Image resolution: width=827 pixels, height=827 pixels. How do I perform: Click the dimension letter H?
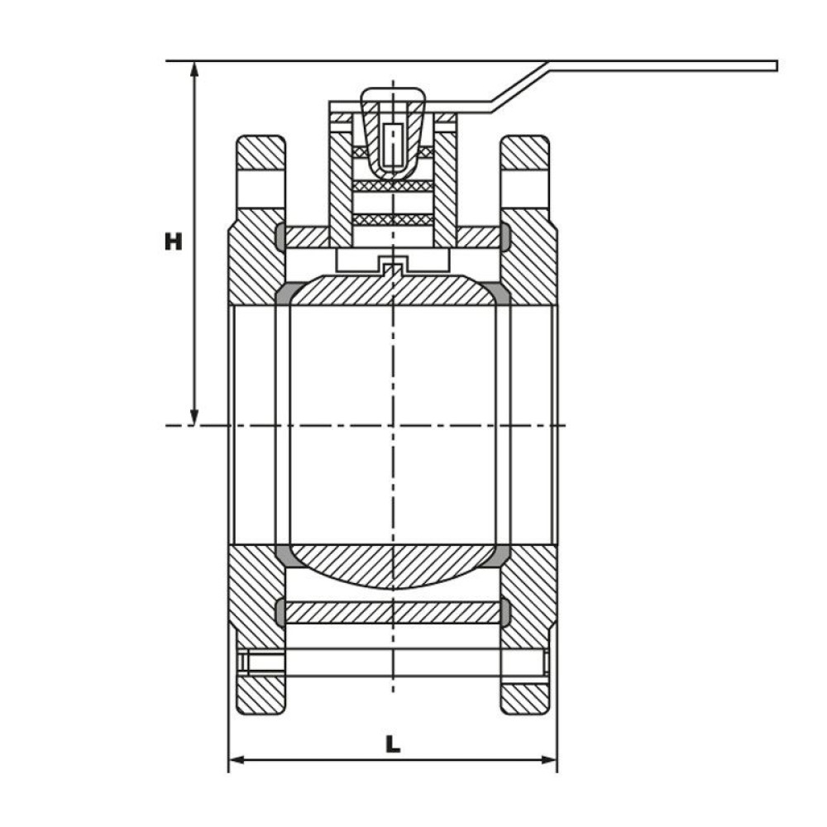coord(173,241)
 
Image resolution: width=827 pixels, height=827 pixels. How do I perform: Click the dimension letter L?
coord(393,744)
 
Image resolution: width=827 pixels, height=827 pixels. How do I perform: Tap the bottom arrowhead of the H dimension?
coord(194,417)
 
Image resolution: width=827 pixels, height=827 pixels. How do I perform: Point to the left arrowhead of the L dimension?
coord(237,760)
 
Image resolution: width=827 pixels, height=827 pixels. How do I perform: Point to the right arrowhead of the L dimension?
coord(549,760)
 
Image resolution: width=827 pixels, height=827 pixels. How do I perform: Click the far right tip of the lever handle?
coord(777,66)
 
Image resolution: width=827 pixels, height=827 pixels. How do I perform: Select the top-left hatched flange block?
coord(261,153)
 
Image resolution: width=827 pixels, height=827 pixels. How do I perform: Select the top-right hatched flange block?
coord(525,153)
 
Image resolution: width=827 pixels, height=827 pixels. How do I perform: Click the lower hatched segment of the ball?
coord(393,566)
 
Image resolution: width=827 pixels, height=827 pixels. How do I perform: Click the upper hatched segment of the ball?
coord(393,289)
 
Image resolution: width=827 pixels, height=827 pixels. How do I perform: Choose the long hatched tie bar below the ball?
coord(393,612)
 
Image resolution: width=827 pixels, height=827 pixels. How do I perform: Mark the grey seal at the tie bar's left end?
coord(280,612)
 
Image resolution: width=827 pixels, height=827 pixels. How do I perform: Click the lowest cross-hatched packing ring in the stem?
coord(393,219)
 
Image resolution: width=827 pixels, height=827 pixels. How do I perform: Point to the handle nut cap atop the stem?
coord(393,131)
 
